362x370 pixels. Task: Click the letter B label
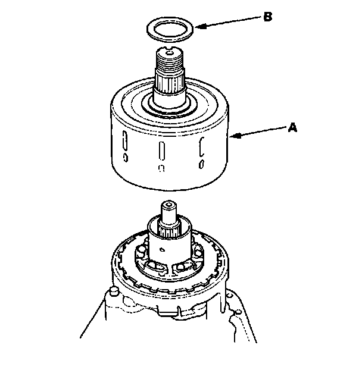pos(267,17)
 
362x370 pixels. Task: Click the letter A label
pos(292,127)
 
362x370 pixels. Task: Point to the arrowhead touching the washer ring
pos(200,26)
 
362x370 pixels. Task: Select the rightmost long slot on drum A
pos(202,146)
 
